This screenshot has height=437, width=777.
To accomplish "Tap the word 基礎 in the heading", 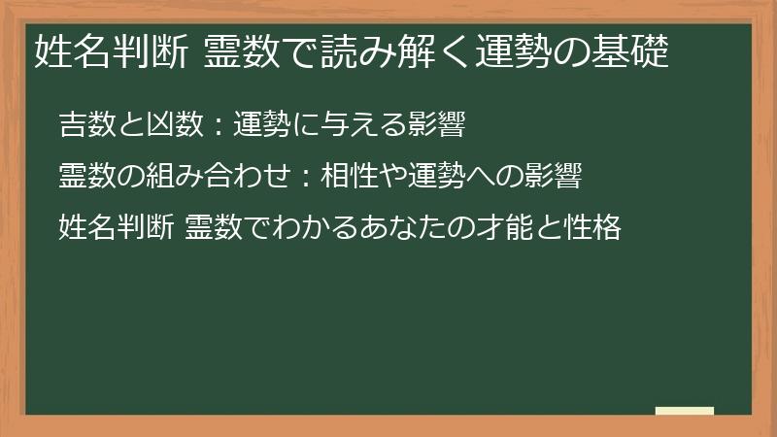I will tap(634, 51).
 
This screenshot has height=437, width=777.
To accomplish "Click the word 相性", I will tap(344, 178).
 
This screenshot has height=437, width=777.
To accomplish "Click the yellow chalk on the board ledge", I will tap(684, 412).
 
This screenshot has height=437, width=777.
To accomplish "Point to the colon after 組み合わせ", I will tap(304, 179).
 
